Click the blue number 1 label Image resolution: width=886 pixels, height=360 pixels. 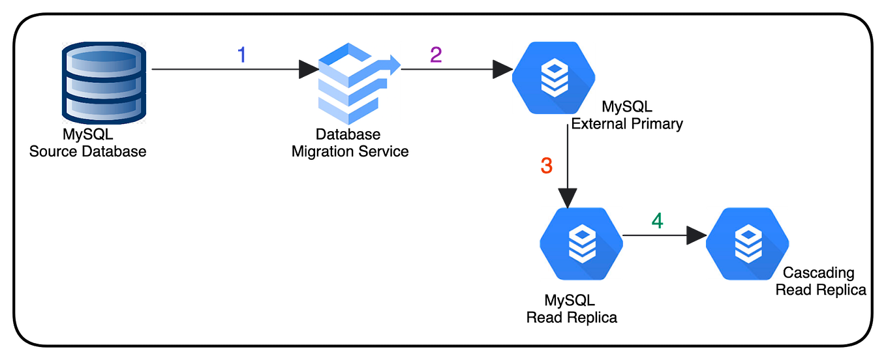pos(242,55)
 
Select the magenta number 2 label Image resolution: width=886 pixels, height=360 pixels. pos(436,55)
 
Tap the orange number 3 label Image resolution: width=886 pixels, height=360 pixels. pos(547,166)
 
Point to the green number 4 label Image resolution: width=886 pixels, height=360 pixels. pos(658,222)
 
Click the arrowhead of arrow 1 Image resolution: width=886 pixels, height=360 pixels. pos(308,69)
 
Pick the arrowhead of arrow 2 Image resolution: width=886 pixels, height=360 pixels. pos(501,69)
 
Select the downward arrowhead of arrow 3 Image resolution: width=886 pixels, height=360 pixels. pos(568,197)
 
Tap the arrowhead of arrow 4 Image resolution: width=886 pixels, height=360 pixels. pos(695,235)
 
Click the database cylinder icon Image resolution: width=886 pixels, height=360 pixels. pos(104,83)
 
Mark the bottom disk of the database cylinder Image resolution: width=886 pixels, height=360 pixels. pos(104,108)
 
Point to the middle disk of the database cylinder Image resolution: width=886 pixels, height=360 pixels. pos(104,84)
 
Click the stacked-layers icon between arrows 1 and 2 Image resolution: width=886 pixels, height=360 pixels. pos(360,83)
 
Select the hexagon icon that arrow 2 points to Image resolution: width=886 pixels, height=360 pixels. pos(553,78)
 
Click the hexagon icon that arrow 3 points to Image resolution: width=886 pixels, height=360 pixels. pos(581,244)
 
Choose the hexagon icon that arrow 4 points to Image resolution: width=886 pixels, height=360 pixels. pos(747,244)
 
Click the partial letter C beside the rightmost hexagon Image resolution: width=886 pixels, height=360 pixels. pos(787,272)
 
